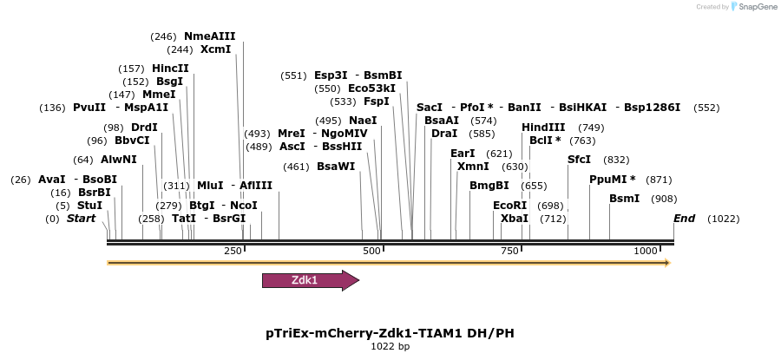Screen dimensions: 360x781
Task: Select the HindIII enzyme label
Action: (543, 128)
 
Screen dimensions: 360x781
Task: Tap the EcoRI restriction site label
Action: (509, 206)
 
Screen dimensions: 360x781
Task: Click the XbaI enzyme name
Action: (515, 219)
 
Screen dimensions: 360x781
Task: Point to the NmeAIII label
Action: (209, 36)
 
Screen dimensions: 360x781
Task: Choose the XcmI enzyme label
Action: (216, 49)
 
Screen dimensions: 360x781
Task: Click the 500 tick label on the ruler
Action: (371, 251)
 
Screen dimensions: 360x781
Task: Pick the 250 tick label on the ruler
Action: (233, 251)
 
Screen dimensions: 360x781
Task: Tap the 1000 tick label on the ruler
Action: (646, 251)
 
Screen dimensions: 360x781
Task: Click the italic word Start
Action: (81, 219)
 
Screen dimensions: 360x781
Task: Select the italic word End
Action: (685, 219)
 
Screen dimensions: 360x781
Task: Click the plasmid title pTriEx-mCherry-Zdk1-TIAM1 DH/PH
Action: (390, 332)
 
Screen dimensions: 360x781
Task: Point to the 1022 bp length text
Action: (390, 346)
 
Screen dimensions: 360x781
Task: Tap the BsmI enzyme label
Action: (625, 199)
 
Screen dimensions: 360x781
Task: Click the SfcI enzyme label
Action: (579, 160)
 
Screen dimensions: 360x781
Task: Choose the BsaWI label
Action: (336, 167)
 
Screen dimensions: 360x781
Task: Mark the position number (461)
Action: (296, 167)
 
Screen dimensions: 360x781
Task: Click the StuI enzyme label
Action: (89, 206)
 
